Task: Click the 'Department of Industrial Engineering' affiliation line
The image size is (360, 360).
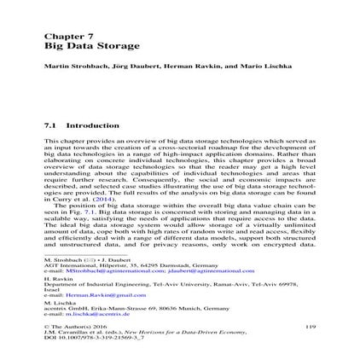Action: (x=171, y=284)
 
